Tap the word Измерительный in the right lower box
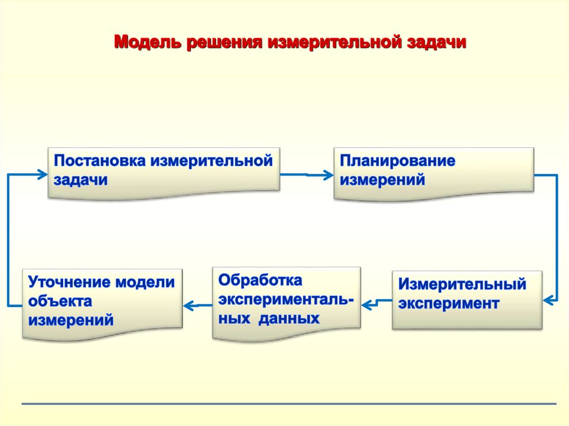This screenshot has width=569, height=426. click(x=462, y=284)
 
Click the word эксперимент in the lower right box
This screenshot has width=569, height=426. click(x=448, y=303)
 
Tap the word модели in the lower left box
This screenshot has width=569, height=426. click(x=145, y=282)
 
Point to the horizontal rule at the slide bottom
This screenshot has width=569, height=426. click(x=289, y=404)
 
